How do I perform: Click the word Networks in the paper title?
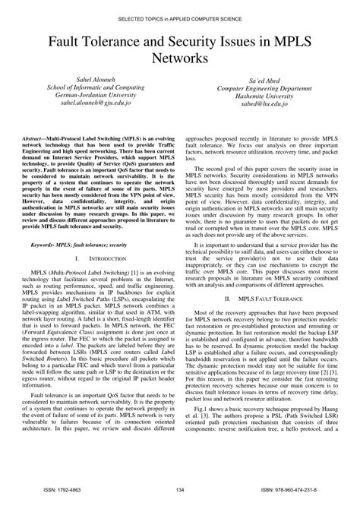click(180, 56)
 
